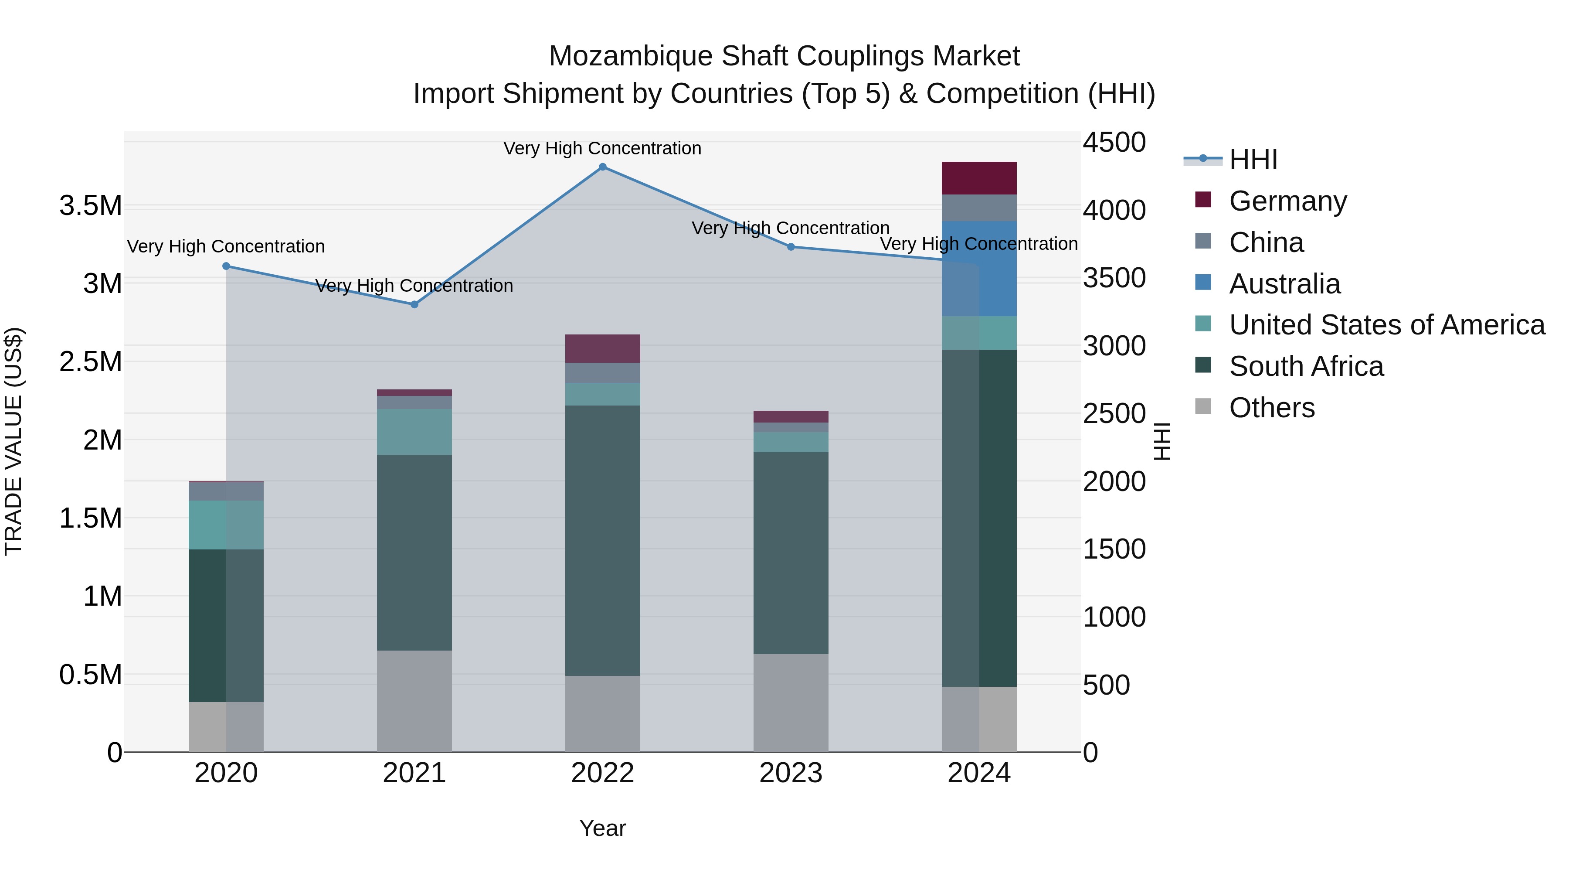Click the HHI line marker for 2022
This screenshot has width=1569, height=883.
[x=602, y=167]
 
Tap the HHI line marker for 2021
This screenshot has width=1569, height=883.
[x=414, y=304]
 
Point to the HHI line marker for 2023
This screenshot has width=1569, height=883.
[x=791, y=247]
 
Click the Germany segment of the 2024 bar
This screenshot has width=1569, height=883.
[x=979, y=178]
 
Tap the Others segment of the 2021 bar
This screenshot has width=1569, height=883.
[x=414, y=701]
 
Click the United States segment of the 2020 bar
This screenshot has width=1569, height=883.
[x=226, y=525]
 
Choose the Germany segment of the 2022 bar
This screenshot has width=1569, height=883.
[x=602, y=348]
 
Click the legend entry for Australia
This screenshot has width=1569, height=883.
[x=1284, y=284]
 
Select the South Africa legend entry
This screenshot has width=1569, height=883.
[x=1305, y=366]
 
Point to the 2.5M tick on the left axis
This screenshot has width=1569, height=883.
[x=91, y=361]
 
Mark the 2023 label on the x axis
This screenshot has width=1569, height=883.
[x=791, y=773]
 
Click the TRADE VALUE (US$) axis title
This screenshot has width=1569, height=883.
[x=14, y=441]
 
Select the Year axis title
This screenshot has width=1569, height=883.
[x=602, y=828]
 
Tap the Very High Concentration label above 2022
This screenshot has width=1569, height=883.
[x=602, y=148]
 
